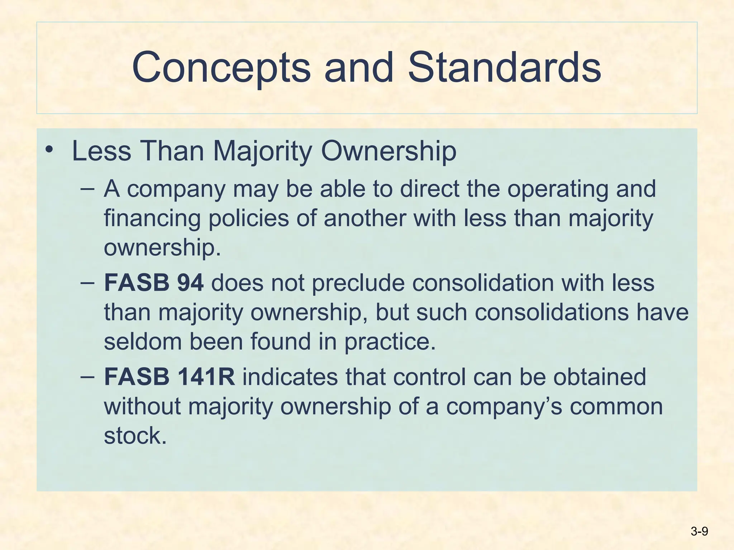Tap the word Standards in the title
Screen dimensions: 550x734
pyautogui.click(x=504, y=67)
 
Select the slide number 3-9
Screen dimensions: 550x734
pyautogui.click(x=699, y=531)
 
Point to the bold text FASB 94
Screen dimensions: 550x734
pyautogui.click(x=154, y=283)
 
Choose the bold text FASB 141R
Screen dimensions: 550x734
pyautogui.click(x=170, y=377)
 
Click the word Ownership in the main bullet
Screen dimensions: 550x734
pyautogui.click(x=389, y=151)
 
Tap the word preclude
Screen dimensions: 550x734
pyautogui.click(x=358, y=283)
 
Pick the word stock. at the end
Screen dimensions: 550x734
pyautogui.click(x=135, y=436)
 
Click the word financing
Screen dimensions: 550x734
pyautogui.click(x=152, y=218)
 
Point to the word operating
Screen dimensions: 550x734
pyautogui.click(x=557, y=189)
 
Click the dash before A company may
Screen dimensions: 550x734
pyautogui.click(x=87, y=189)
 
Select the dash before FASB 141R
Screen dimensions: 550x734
pyautogui.click(x=87, y=377)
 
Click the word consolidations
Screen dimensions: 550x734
pyautogui.click(x=552, y=312)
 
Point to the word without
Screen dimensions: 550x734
pyautogui.click(x=142, y=406)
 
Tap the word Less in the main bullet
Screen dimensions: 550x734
pyautogui.click(x=101, y=151)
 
